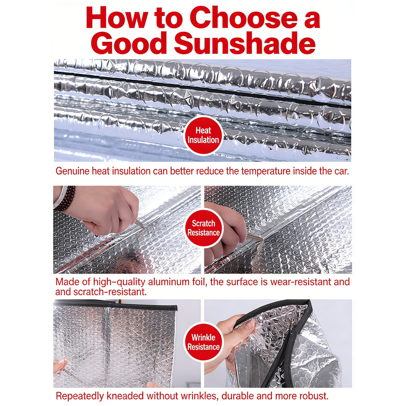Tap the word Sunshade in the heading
245,43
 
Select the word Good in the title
129,43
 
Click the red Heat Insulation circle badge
203,135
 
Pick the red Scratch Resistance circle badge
203,228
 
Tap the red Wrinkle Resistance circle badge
203,342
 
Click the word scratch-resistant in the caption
110,292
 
